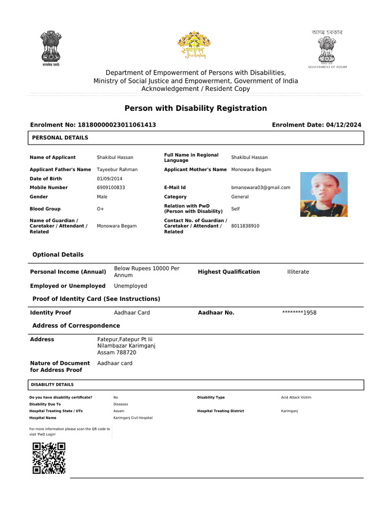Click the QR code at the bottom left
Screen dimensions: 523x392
pyautogui.click(x=49, y=458)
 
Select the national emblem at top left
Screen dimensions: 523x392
pyautogui.click(x=51, y=47)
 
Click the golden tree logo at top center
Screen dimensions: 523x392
pyautogui.click(x=194, y=45)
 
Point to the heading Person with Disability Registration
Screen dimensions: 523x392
pyautogui.click(x=195, y=108)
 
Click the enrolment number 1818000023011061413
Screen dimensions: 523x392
pyautogui.click(x=116, y=125)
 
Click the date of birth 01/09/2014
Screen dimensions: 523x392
pyautogui.click(x=110, y=179)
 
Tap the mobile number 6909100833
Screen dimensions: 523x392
pyautogui.click(x=111, y=187)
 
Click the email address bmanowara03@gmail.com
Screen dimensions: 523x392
pyautogui.click(x=260, y=187)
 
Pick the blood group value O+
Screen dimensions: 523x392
pyautogui.click(x=101, y=209)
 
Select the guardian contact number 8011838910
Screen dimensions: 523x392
pyautogui.click(x=245, y=226)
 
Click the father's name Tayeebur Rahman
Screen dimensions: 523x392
pyautogui.click(x=117, y=170)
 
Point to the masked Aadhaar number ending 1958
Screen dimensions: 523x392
pyautogui.click(x=299, y=313)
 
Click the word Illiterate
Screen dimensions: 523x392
pyautogui.click(x=298, y=272)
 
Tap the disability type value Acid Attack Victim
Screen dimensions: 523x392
pyautogui.click(x=296, y=397)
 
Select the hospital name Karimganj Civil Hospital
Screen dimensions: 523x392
pyautogui.click(x=133, y=418)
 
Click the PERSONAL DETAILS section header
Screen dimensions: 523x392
pyautogui.click(x=60, y=138)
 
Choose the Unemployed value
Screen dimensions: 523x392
pyautogui.click(x=130, y=286)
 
